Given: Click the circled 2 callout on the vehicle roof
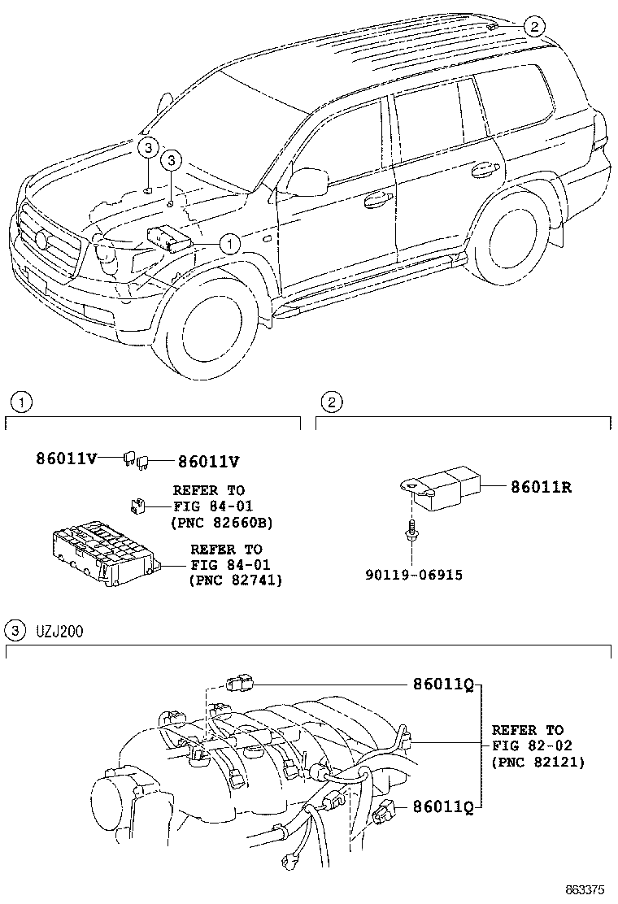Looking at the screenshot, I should click(x=533, y=27).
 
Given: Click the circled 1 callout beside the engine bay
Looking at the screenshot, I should click(x=230, y=242).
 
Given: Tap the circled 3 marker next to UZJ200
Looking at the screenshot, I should click(x=14, y=630).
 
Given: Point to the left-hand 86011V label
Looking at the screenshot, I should click(x=66, y=459).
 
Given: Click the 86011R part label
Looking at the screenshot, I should click(x=542, y=488).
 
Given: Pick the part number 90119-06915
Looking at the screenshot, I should click(x=414, y=575).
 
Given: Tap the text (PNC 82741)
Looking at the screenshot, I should click(x=235, y=580).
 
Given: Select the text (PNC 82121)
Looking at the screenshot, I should click(x=538, y=763).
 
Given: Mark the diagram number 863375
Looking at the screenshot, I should click(x=586, y=890).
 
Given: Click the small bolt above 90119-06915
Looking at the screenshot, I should click(x=413, y=531).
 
